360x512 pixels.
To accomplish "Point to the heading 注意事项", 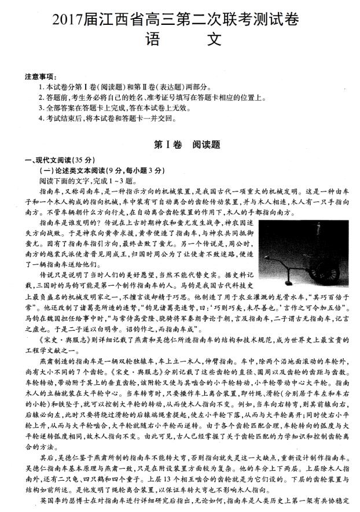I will pos(41,78).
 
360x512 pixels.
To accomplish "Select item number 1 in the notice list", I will pos(41,87).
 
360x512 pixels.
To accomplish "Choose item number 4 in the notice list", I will pos(41,118).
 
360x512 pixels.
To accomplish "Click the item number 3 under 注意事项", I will pos(41,108).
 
